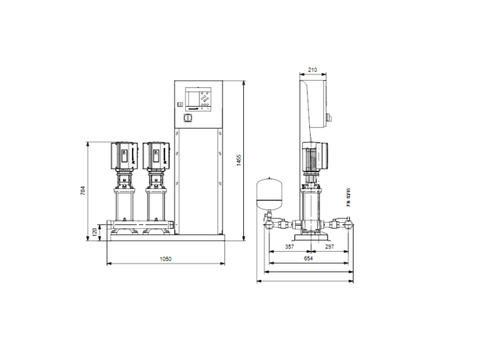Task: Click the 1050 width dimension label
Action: point(166,259)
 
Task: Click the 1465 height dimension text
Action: point(238,160)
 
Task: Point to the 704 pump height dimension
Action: point(83,191)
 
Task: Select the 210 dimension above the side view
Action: point(313,70)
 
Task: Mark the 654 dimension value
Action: point(308,258)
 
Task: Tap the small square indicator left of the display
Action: point(180,105)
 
